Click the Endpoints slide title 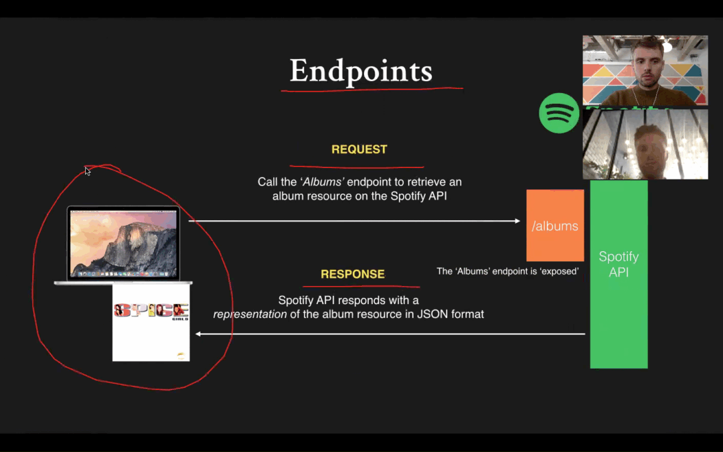[361, 72]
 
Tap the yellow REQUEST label [359, 149]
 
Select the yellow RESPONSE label [353, 274]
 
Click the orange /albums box [555, 226]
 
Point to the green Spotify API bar [619, 275]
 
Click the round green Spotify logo [559, 113]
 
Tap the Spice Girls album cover [151, 322]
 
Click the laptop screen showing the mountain [123, 243]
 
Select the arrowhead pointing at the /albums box [517, 221]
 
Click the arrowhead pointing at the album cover [197, 334]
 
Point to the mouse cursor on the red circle [88, 171]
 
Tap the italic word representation [250, 315]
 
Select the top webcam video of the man [645, 70]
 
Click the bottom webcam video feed [645, 144]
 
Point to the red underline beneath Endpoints [372, 89]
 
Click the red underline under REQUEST [356, 166]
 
